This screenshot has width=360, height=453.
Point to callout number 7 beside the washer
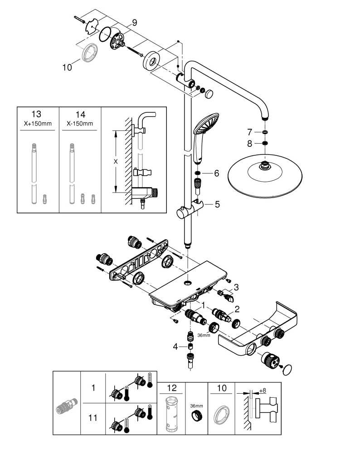click(x=249, y=132)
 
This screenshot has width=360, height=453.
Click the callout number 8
click(x=249, y=144)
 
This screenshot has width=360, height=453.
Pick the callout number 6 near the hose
click(x=216, y=173)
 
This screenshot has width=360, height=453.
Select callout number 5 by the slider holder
click(x=217, y=204)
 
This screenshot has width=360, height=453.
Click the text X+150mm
click(x=38, y=124)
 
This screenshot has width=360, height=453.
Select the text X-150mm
click(x=80, y=124)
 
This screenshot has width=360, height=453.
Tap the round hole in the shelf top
click(x=188, y=283)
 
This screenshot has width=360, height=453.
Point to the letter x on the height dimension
click(x=116, y=162)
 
